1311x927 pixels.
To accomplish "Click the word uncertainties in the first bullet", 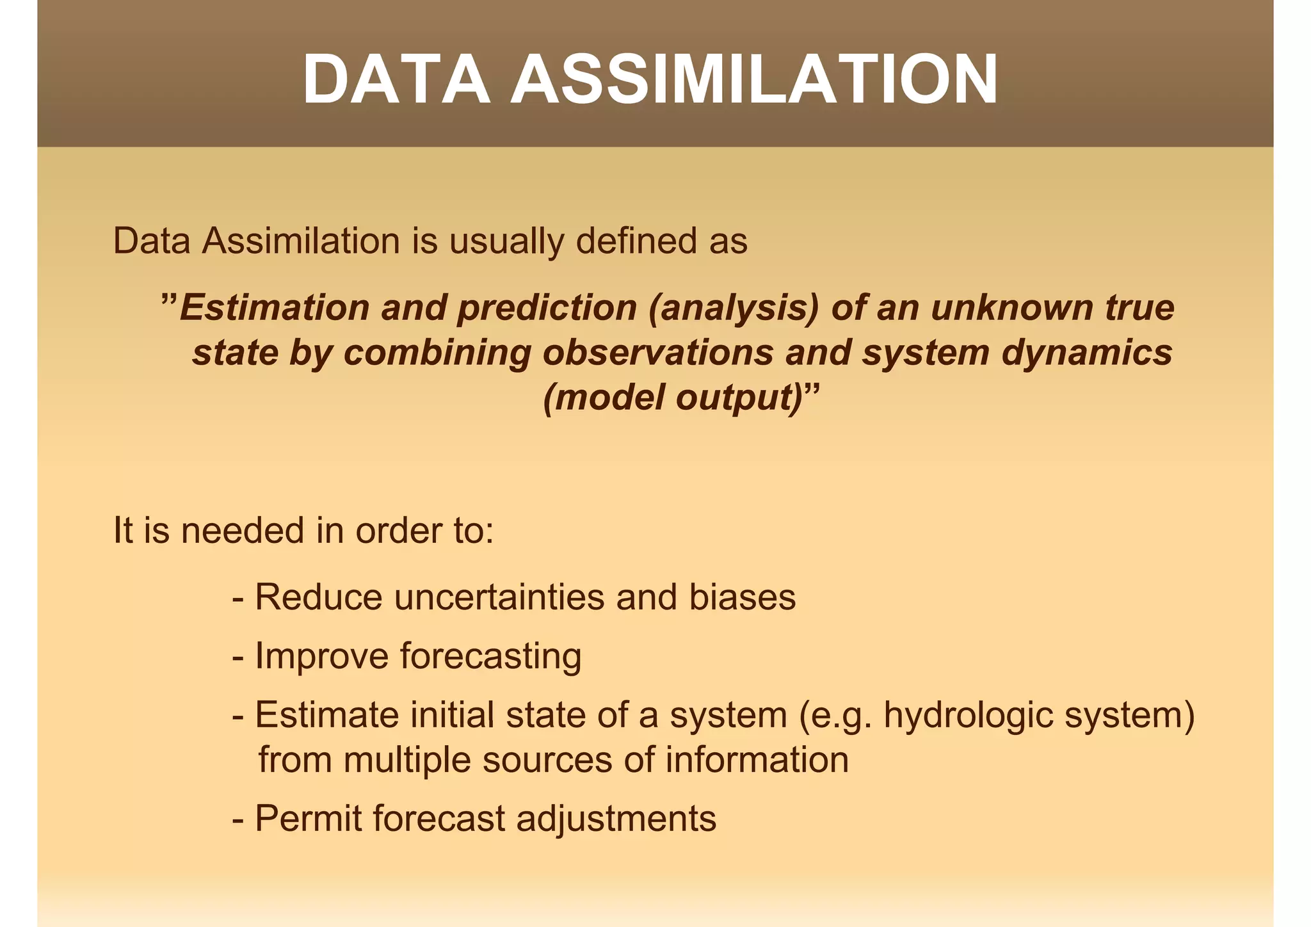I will (499, 597).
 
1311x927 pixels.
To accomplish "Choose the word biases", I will (742, 597).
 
